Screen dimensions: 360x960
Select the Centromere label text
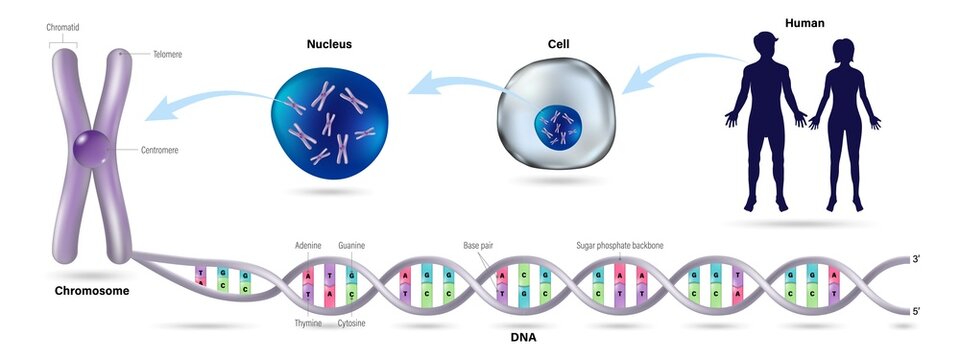pos(163,149)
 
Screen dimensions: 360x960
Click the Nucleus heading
pos(329,45)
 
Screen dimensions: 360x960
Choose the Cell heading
pos(558,45)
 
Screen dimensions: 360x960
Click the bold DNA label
pos(522,337)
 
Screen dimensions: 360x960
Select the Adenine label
pos(309,243)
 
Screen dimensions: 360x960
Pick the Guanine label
pos(353,243)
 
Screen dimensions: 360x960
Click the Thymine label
pos(309,324)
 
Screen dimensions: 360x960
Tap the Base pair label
pos(478,243)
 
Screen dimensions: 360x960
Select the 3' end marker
pos(916,258)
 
